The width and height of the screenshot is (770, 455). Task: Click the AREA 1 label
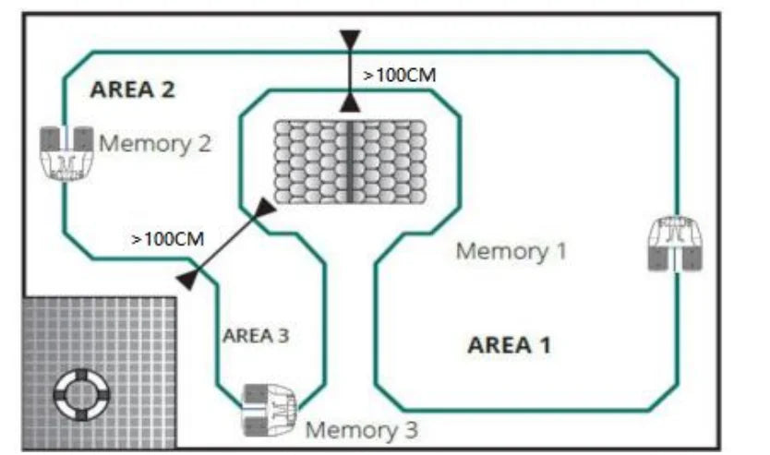pyautogui.click(x=509, y=346)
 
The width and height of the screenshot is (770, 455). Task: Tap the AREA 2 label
pyautogui.click(x=132, y=90)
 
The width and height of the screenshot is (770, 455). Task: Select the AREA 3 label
pyautogui.click(x=256, y=335)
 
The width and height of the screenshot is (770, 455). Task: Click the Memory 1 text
pyautogui.click(x=511, y=250)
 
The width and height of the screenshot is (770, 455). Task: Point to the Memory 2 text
pyautogui.click(x=155, y=143)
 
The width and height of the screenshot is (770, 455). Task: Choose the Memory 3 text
pyautogui.click(x=361, y=429)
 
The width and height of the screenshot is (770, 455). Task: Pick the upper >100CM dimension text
pyautogui.click(x=399, y=76)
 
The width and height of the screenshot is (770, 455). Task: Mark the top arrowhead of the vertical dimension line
pyautogui.click(x=349, y=41)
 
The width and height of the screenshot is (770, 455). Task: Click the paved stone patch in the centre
pyautogui.click(x=350, y=165)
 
